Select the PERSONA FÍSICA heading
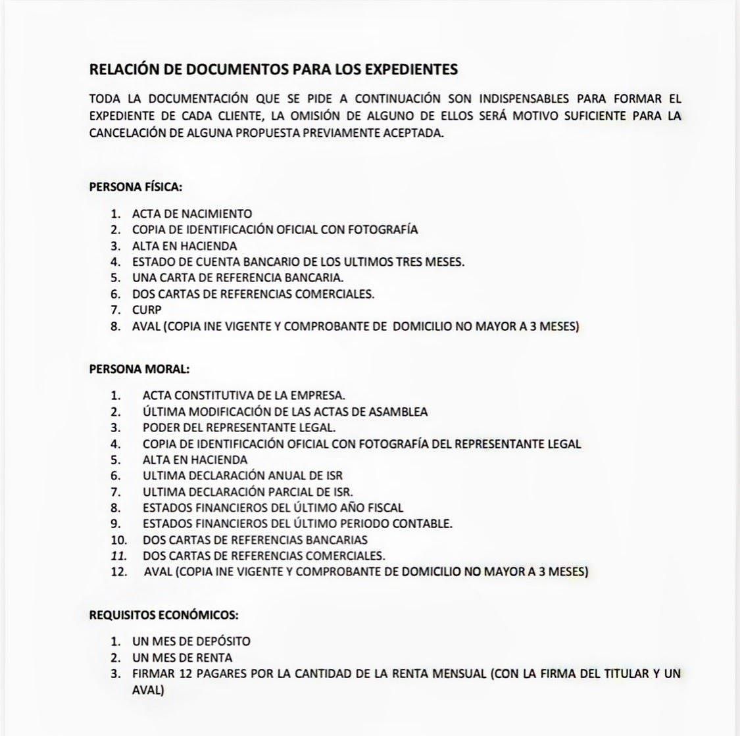(x=136, y=186)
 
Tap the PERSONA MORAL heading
(x=139, y=369)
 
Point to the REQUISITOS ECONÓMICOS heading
(x=164, y=616)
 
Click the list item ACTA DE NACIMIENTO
(x=192, y=214)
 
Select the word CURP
(x=147, y=310)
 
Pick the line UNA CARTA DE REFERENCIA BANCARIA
(x=237, y=278)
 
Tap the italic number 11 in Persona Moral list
(x=118, y=555)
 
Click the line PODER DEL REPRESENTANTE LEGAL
(x=239, y=428)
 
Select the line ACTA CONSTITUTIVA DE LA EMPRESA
(x=243, y=395)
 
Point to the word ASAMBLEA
(x=398, y=412)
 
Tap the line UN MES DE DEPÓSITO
(x=191, y=641)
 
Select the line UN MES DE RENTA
(x=182, y=658)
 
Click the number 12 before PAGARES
(x=186, y=674)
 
